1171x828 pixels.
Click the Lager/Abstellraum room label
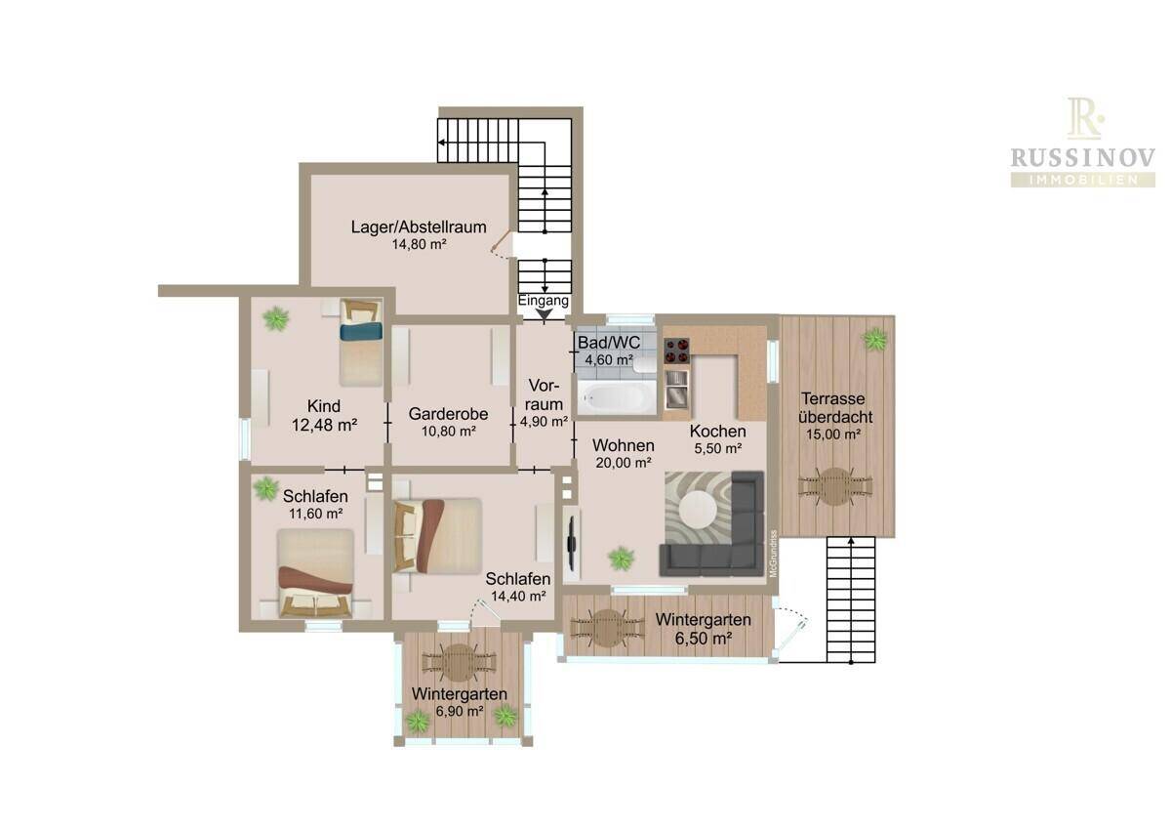(419, 227)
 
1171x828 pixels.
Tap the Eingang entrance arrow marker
(545, 314)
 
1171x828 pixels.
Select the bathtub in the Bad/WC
(617, 397)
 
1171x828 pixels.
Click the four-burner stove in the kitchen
(676, 351)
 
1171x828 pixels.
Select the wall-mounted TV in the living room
(572, 543)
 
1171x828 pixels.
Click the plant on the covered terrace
(874, 340)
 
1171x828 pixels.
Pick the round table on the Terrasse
(835, 486)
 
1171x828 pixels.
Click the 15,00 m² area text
(833, 435)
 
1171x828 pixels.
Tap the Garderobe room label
(448, 414)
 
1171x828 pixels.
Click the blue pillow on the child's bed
(361, 332)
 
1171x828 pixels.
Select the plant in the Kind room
(275, 318)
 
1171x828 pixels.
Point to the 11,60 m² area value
(316, 514)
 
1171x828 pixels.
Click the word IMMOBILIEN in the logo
(1082, 181)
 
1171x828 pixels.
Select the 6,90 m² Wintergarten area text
(460, 712)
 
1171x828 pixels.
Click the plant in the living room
(621, 558)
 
